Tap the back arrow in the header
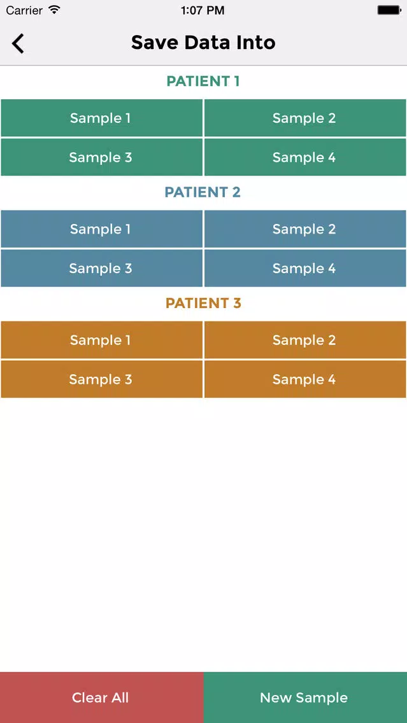tap(18, 43)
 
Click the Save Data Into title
tap(203, 43)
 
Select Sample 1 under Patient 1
tap(101, 118)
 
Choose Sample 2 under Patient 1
tap(305, 118)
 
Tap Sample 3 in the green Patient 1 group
tap(101, 157)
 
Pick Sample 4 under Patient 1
tap(305, 157)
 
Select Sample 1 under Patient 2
tap(101, 229)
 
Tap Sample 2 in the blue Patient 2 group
tap(305, 229)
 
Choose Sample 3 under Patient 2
tap(101, 269)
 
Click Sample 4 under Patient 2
tap(305, 269)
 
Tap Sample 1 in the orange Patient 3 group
tap(101, 340)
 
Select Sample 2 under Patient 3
tap(305, 340)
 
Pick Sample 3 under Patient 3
tap(101, 379)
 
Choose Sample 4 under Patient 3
tap(305, 379)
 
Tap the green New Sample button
tap(305, 698)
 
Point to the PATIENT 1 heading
tap(203, 81)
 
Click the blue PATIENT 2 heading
tap(203, 192)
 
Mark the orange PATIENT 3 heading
tap(203, 303)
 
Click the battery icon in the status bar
tap(389, 10)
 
